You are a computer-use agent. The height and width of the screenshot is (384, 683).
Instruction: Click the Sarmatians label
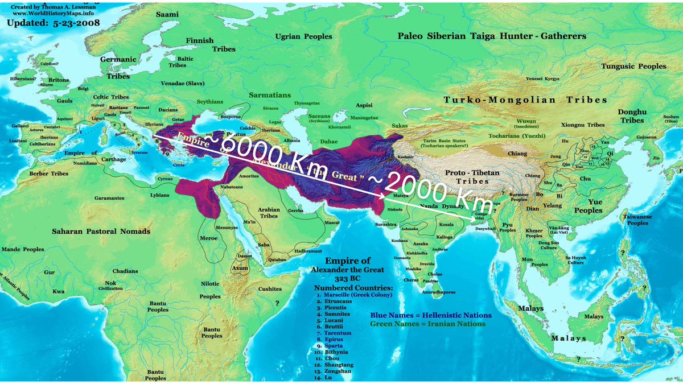(x=270, y=95)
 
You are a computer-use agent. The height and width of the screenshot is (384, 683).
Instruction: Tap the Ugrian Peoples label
(x=303, y=36)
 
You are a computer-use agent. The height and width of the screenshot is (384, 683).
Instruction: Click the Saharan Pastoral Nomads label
(x=101, y=231)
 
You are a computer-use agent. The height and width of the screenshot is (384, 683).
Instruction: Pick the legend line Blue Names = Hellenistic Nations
(x=430, y=315)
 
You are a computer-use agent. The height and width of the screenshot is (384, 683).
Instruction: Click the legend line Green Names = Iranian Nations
(x=427, y=324)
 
